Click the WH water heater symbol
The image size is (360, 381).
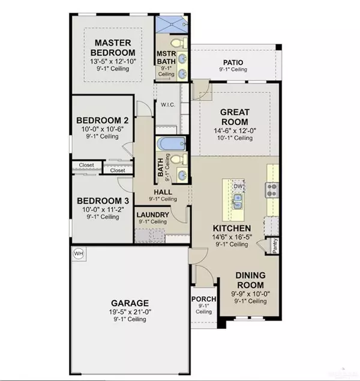[x=78, y=254]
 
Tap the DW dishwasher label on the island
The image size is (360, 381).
[x=237, y=187]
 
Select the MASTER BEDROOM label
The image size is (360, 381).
[x=116, y=47]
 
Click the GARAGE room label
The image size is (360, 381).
[x=129, y=302]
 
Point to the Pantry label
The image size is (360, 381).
[x=274, y=245]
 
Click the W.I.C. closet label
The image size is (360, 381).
[x=166, y=104]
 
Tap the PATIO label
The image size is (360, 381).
[x=234, y=62]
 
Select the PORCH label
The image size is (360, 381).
[x=203, y=299]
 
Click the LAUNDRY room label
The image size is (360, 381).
[x=152, y=214]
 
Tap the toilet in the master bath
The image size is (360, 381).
[x=178, y=43]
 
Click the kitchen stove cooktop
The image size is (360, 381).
[x=272, y=190]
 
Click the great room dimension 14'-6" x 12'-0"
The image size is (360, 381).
[x=235, y=130]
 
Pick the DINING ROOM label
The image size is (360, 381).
[x=250, y=280]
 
